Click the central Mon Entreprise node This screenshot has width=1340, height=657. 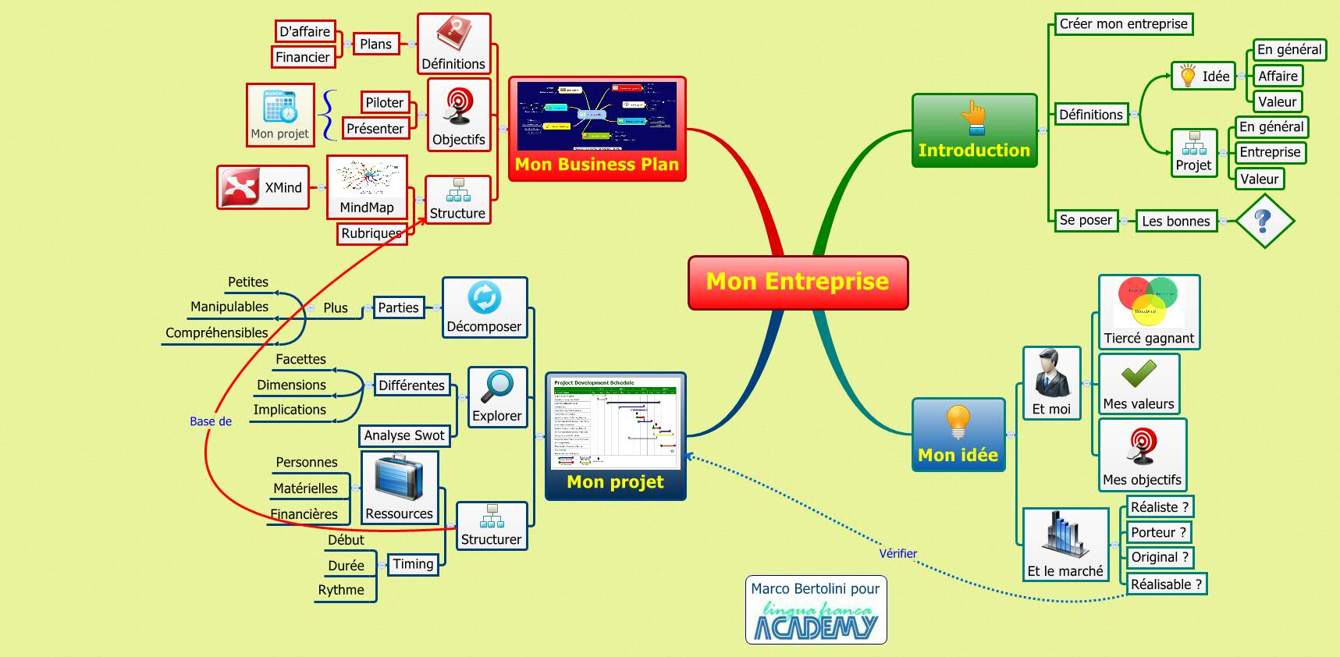[798, 282]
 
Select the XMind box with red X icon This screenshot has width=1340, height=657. [263, 187]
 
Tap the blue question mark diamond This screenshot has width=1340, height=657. [1264, 221]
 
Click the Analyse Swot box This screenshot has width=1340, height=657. [404, 435]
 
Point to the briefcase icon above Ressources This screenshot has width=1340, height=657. [399, 478]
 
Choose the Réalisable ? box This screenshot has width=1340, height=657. [1166, 584]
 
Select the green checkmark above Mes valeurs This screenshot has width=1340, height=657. [1139, 375]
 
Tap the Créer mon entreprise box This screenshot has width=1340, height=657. [1123, 24]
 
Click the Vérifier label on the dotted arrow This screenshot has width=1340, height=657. [897, 553]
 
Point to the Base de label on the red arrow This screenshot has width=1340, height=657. [211, 421]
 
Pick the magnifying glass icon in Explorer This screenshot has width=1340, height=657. [496, 387]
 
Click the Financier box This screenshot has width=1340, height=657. [303, 57]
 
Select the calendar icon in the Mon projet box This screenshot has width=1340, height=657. [279, 106]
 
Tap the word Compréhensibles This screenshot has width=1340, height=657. [217, 332]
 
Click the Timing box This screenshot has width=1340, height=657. [413, 564]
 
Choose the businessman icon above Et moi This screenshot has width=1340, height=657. [1051, 374]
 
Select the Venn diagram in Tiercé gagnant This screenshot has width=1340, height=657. [1148, 300]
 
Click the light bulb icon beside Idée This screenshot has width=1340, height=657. [1188, 76]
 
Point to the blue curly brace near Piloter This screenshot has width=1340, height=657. [329, 115]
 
